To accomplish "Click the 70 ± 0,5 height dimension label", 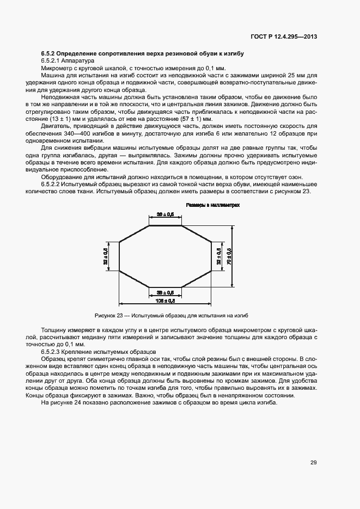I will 229,250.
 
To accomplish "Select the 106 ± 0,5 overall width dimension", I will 166,300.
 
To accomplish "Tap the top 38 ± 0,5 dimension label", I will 166,214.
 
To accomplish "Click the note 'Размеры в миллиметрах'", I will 213,206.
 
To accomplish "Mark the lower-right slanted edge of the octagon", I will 197,278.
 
